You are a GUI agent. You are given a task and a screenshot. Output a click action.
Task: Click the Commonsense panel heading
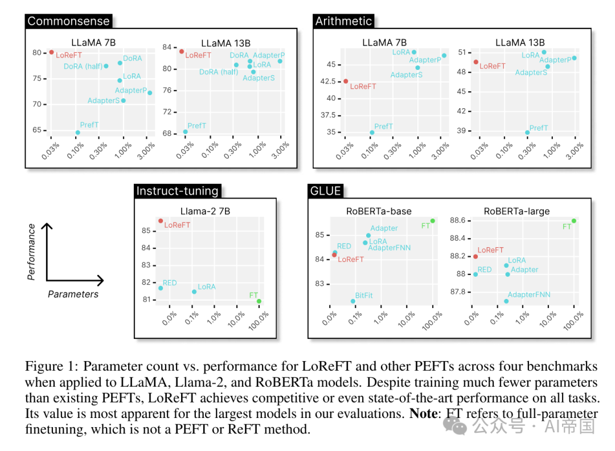pyautogui.click(x=69, y=21)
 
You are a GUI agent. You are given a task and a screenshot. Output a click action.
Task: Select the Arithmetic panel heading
pyautogui.click(x=343, y=21)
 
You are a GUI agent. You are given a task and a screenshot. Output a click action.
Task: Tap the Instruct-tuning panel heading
pyautogui.click(x=177, y=191)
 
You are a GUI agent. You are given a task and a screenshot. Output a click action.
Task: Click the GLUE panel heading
pyautogui.click(x=326, y=191)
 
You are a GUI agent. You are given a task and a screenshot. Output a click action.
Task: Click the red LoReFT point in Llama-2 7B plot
pyautogui.click(x=161, y=221)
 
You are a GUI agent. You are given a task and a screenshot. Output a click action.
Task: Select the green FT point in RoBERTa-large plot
pyautogui.click(x=574, y=221)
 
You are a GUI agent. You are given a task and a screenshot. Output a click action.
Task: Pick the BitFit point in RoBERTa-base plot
pyautogui.click(x=353, y=301)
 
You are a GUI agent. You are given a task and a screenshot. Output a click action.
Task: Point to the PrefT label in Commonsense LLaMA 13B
pyautogui.click(x=196, y=125)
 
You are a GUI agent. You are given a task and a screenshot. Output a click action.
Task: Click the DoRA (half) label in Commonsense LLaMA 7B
pyautogui.click(x=83, y=66)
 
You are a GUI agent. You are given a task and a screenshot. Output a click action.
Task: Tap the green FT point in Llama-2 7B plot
pyautogui.click(x=259, y=301)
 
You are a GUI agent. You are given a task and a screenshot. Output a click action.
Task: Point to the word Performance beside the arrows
pyautogui.click(x=31, y=252)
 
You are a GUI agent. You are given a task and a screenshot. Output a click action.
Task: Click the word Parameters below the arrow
pyautogui.click(x=73, y=294)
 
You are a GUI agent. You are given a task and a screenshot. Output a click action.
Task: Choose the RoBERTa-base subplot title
pyautogui.click(x=379, y=211)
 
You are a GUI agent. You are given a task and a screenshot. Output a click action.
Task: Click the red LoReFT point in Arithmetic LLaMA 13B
pyautogui.click(x=475, y=62)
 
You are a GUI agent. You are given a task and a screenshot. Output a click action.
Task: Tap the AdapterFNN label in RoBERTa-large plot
pyautogui.click(x=528, y=294)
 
